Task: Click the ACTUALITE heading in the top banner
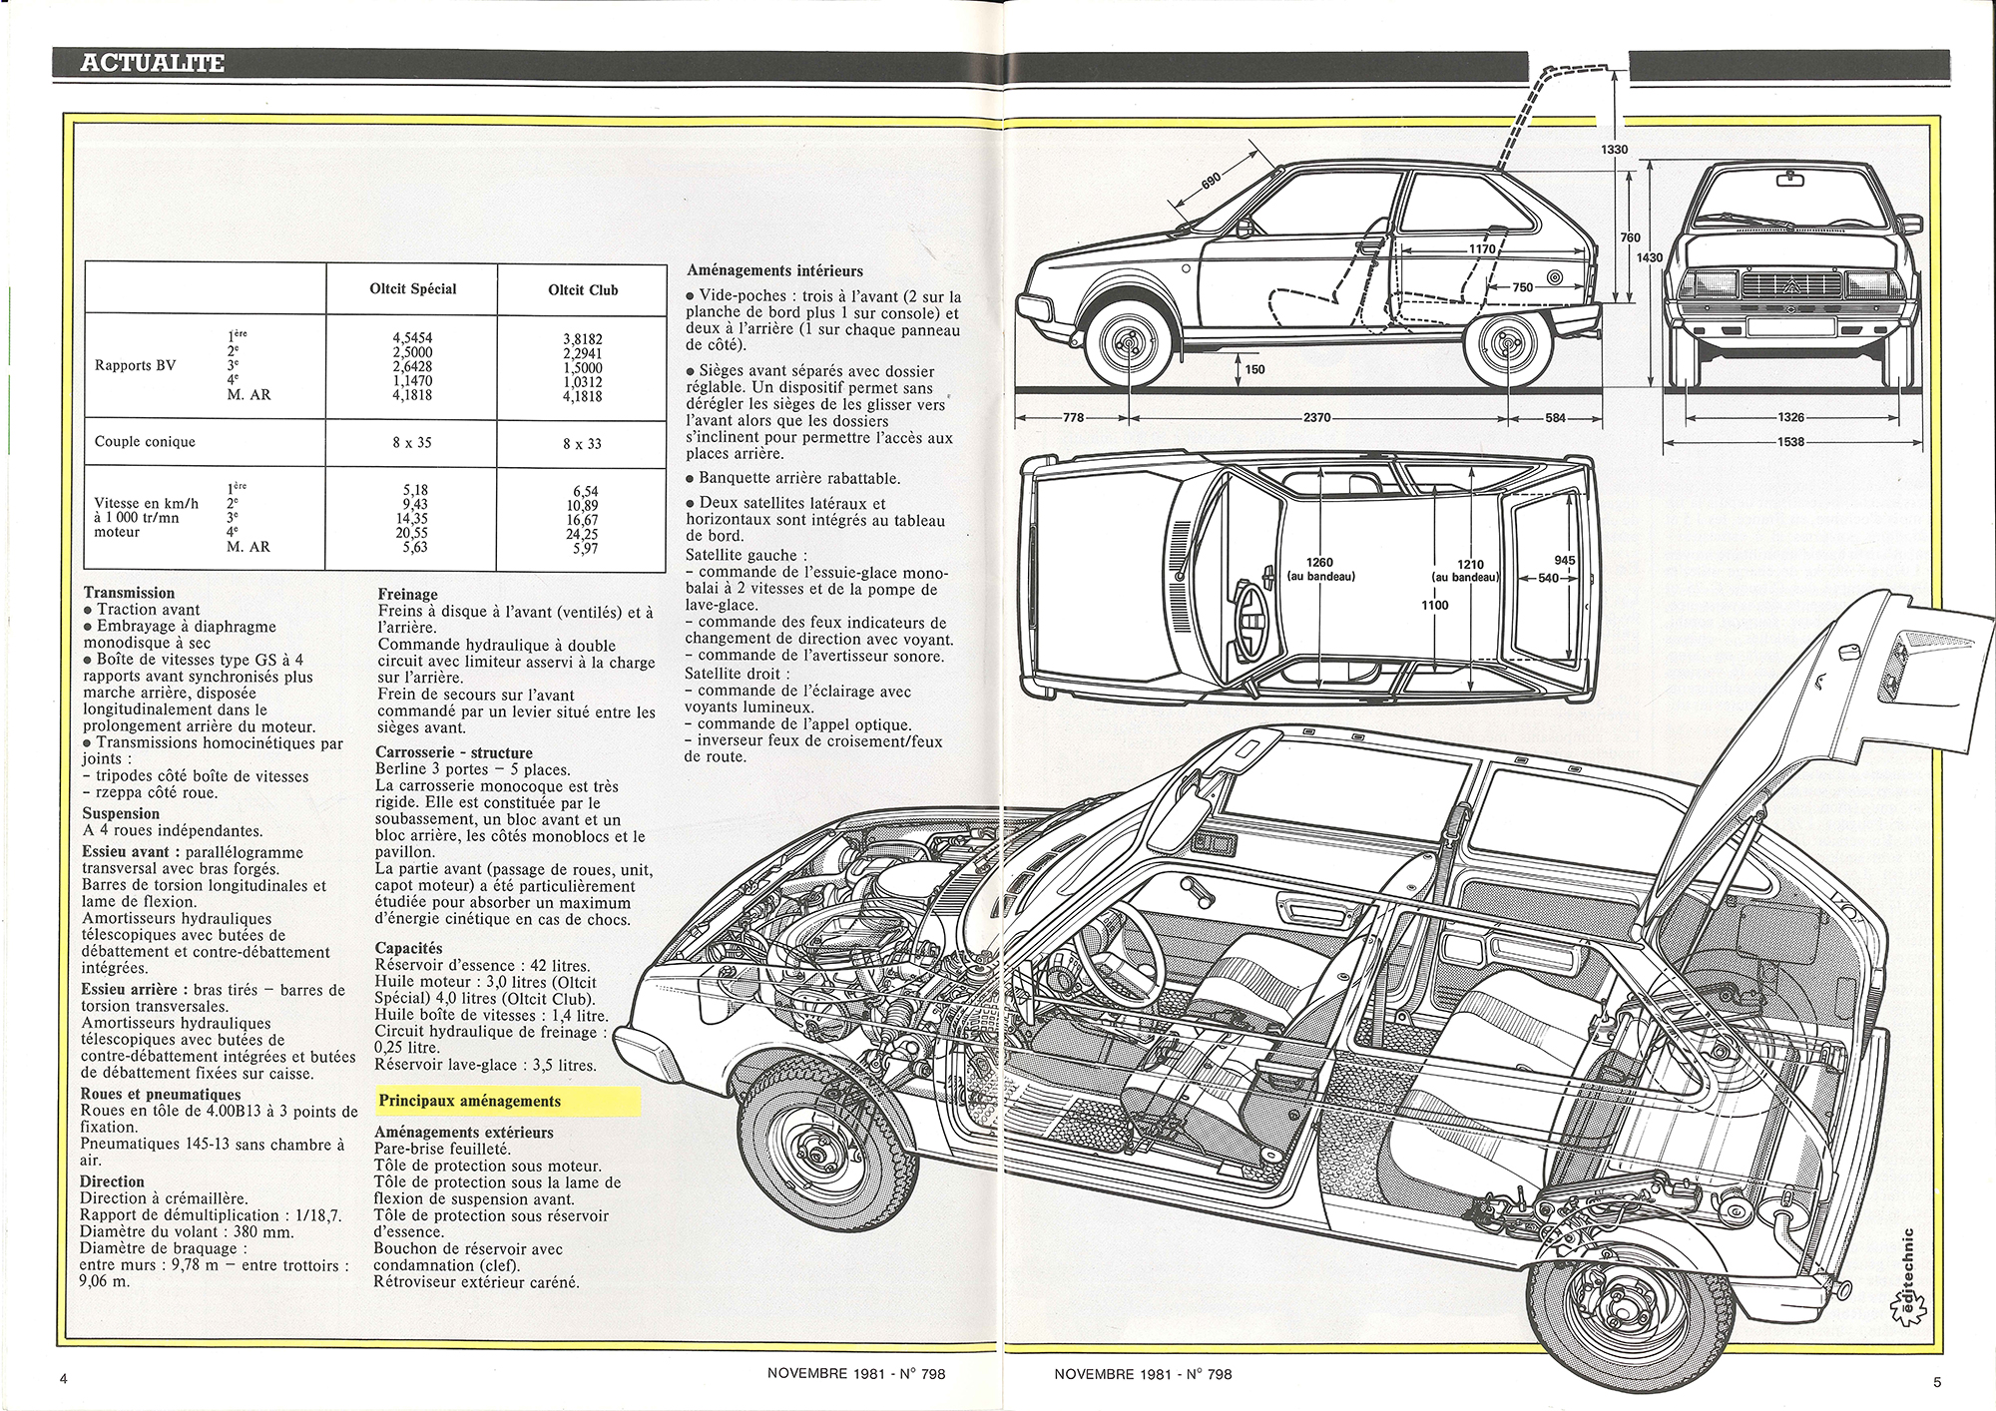152,64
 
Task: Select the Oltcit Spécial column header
412,289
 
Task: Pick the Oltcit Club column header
583,290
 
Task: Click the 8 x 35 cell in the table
412,441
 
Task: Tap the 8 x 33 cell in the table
582,443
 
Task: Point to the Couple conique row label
145,442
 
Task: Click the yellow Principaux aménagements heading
469,1101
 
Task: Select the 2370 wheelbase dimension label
1318,418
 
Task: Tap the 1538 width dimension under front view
1791,441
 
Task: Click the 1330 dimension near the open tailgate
1612,150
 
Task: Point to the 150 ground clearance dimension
1254,370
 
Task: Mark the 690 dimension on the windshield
1210,181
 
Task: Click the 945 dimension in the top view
1565,561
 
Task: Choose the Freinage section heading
407,595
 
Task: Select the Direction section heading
112,1181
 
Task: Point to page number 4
65,1380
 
